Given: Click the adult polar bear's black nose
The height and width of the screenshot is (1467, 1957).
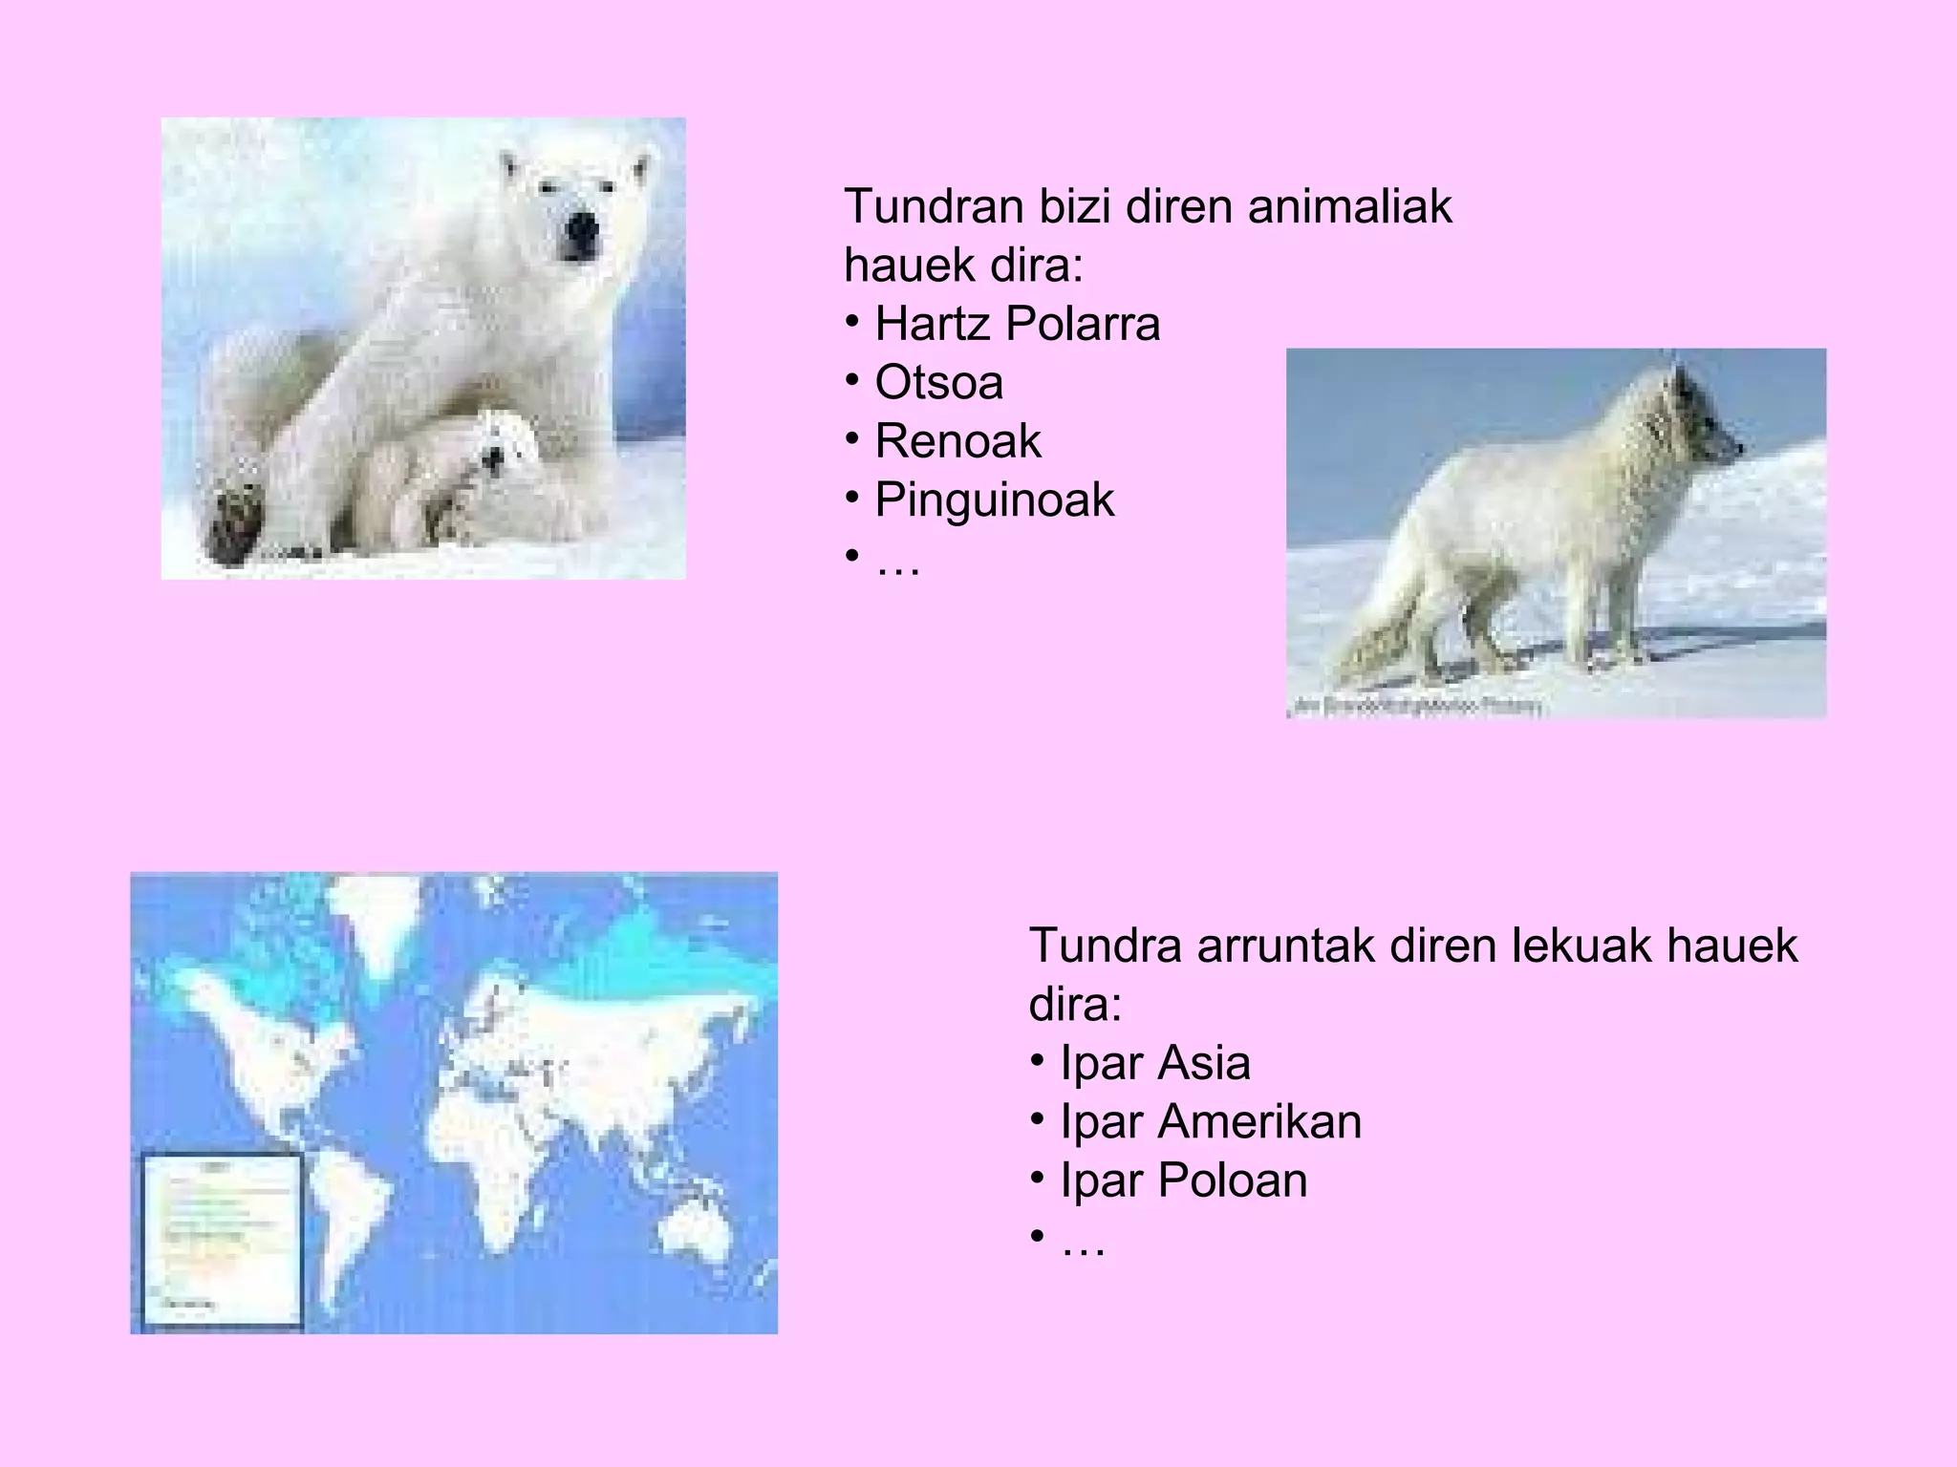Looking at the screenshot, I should click(x=580, y=228).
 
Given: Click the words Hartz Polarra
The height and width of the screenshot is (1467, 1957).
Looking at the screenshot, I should click(x=1017, y=324).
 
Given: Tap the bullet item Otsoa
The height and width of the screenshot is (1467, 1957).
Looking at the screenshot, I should click(x=938, y=382).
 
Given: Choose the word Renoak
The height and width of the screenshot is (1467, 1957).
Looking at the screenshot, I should click(x=957, y=441).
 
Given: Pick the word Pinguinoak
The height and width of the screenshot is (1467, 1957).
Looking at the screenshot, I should click(x=994, y=500).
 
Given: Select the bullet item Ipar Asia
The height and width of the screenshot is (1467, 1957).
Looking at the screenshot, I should click(x=1154, y=1063).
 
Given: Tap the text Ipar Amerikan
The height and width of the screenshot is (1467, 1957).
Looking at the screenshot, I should click(x=1210, y=1121).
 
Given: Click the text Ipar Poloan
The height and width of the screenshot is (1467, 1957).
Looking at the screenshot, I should click(x=1183, y=1180).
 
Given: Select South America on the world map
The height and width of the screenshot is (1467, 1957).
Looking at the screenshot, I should click(x=344, y=1213).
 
